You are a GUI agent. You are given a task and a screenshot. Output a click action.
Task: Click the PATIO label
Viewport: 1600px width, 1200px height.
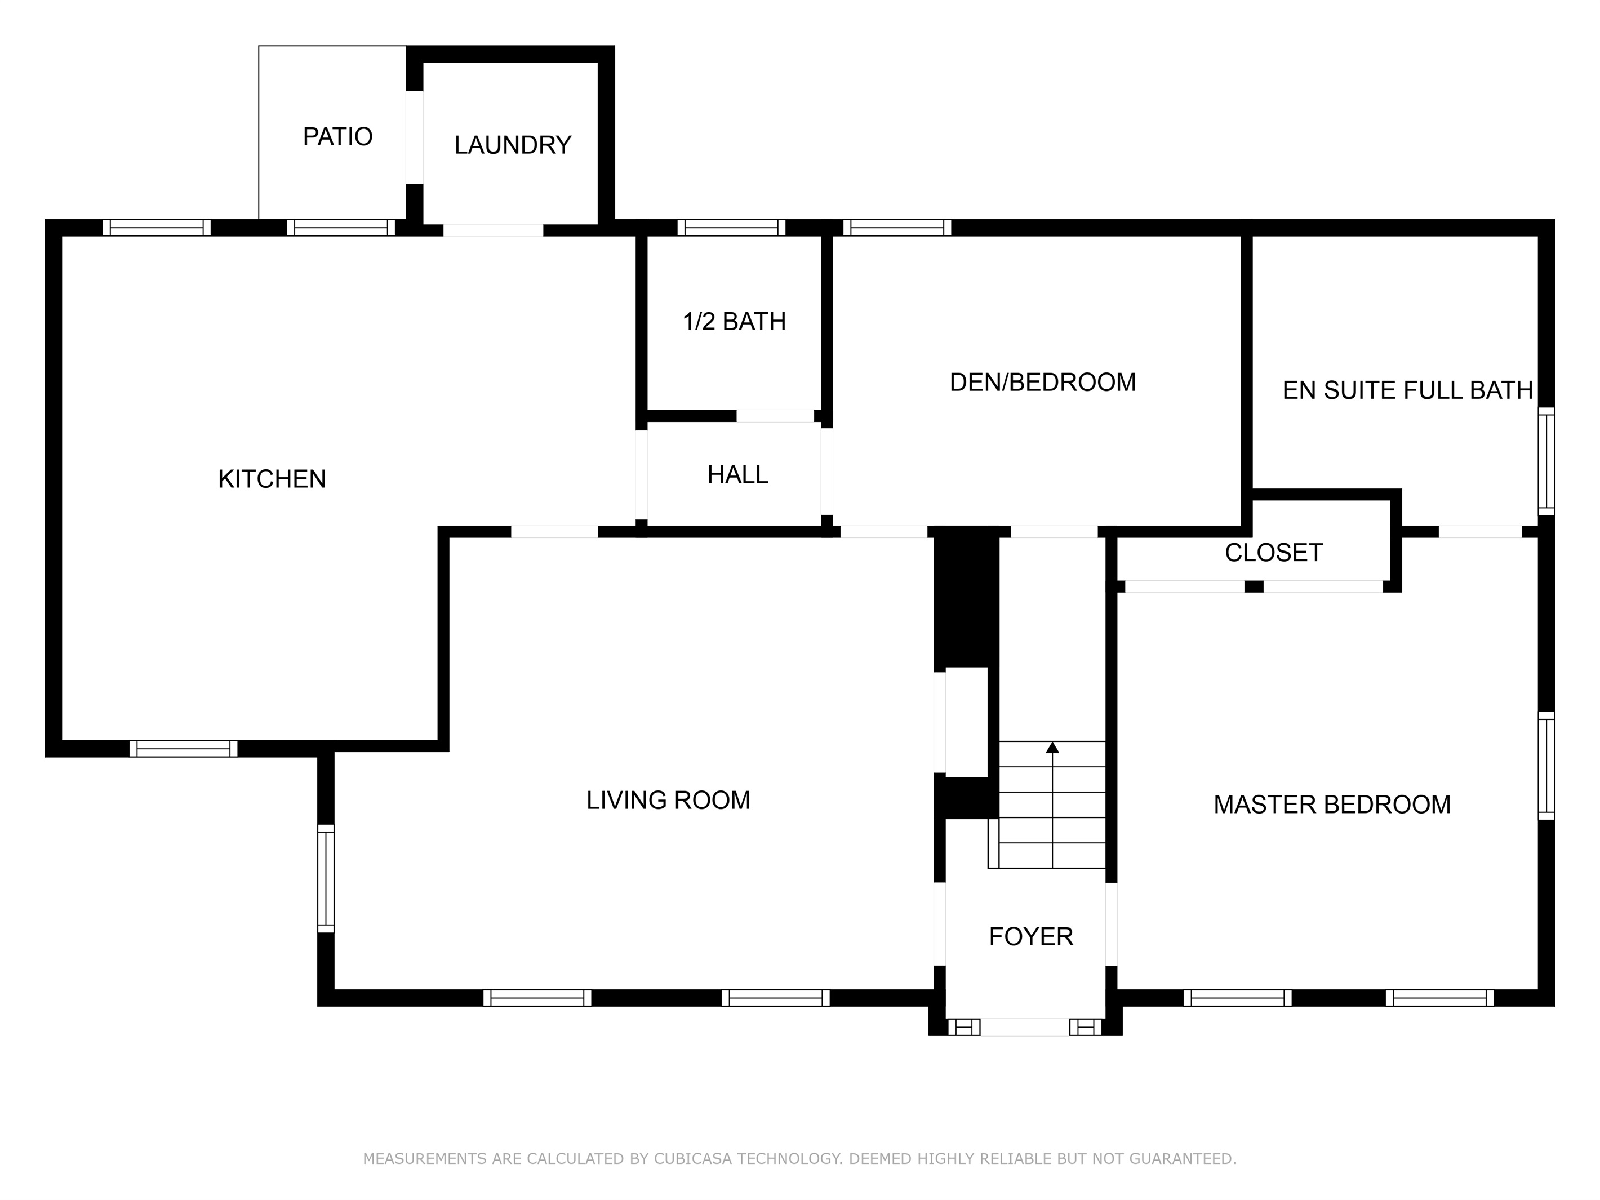337,137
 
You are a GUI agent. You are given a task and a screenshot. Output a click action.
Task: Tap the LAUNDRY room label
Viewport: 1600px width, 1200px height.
512,145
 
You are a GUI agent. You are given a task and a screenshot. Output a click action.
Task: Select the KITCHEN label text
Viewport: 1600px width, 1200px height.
272,479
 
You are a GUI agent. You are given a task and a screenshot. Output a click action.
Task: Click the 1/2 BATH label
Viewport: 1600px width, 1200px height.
734,322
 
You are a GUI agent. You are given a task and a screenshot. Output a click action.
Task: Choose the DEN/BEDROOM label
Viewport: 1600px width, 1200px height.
1042,383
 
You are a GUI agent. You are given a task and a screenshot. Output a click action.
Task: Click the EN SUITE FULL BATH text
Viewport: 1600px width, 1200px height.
1407,390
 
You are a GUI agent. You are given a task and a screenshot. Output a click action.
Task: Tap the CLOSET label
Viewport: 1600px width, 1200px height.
1273,553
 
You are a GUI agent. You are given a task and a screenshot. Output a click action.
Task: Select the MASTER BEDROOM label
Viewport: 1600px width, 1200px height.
1332,805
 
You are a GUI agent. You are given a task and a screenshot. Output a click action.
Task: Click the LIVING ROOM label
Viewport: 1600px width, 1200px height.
668,801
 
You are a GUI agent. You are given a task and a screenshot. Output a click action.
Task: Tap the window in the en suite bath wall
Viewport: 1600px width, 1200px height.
1546,461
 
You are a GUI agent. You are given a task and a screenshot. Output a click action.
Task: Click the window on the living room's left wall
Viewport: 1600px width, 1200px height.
326,879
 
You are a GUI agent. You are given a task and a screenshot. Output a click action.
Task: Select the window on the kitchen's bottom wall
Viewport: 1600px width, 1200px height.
183,749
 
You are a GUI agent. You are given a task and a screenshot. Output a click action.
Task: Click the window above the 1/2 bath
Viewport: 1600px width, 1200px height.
731,228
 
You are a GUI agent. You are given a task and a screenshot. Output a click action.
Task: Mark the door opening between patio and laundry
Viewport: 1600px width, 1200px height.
415,137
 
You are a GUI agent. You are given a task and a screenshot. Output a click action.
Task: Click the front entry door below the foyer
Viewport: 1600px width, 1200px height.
1024,1026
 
